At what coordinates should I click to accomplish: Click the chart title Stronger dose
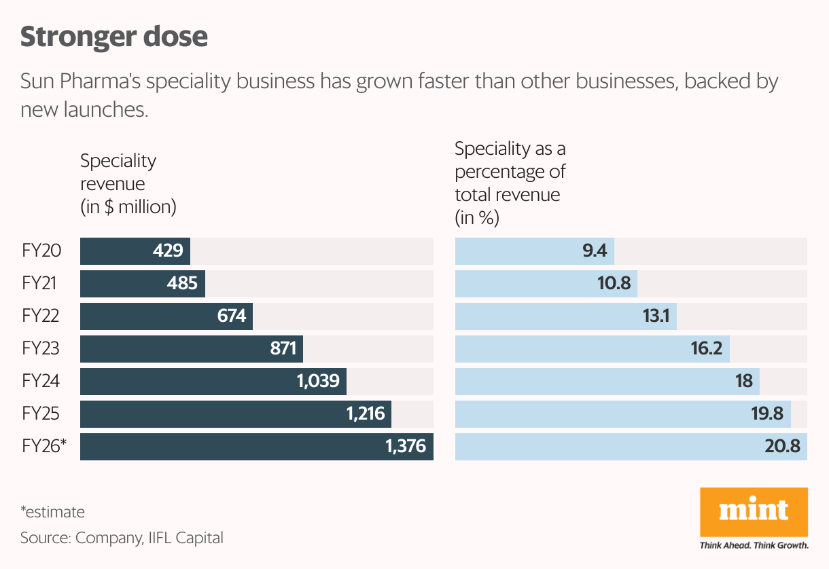coord(113,37)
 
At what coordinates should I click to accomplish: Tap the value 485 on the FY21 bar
coord(182,284)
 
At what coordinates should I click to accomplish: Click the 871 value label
coord(283,349)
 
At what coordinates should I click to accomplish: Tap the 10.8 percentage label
coord(614,284)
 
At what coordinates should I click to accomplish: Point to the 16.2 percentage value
coord(707,349)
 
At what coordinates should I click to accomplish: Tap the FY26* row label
coord(45,447)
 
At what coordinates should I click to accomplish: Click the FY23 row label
coord(41,349)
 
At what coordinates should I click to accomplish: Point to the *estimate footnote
coord(52,512)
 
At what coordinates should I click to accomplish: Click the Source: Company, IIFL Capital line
coord(122,538)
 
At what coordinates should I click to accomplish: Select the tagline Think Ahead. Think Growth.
coord(754,545)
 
